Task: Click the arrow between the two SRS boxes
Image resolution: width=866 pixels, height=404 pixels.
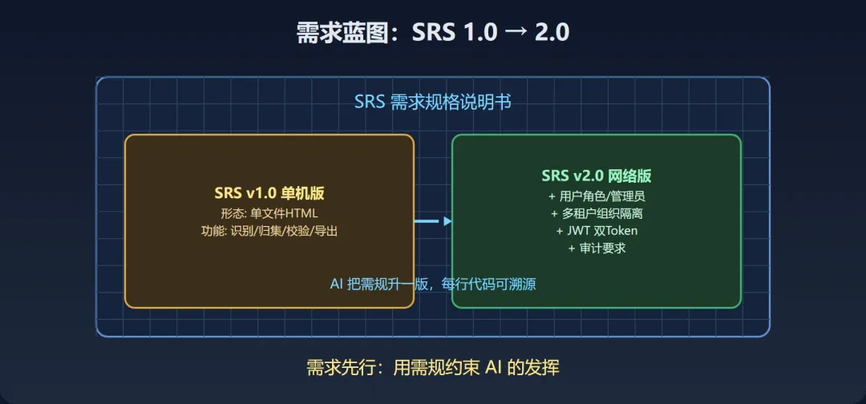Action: [x=433, y=221]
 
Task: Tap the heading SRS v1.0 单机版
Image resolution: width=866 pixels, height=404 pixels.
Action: [x=269, y=194]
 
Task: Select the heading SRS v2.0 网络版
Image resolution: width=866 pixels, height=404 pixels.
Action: [x=596, y=176]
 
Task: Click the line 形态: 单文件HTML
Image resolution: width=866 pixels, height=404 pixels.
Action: [x=269, y=213]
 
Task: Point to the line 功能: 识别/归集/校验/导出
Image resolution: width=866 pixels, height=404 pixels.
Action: [x=269, y=231]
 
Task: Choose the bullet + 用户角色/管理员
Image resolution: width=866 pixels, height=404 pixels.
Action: [x=596, y=196]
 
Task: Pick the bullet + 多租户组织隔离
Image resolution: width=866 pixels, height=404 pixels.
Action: [x=596, y=213]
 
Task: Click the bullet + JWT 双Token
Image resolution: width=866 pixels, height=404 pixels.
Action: [x=597, y=231]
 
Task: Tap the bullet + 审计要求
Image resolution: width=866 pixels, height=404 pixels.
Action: [x=597, y=248]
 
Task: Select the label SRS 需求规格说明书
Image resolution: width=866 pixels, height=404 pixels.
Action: [x=433, y=103]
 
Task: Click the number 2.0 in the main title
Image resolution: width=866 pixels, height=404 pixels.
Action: [x=552, y=33]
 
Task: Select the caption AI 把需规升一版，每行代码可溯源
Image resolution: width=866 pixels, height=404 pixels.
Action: [x=433, y=284]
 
